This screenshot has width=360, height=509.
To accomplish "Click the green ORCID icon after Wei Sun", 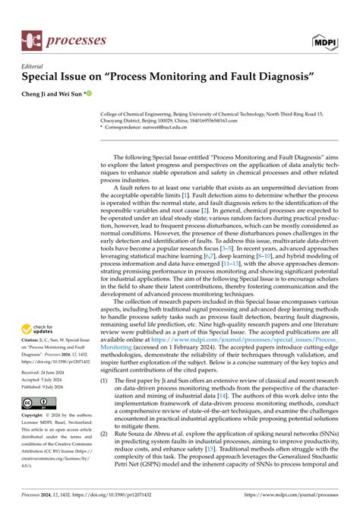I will coord(89,94).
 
